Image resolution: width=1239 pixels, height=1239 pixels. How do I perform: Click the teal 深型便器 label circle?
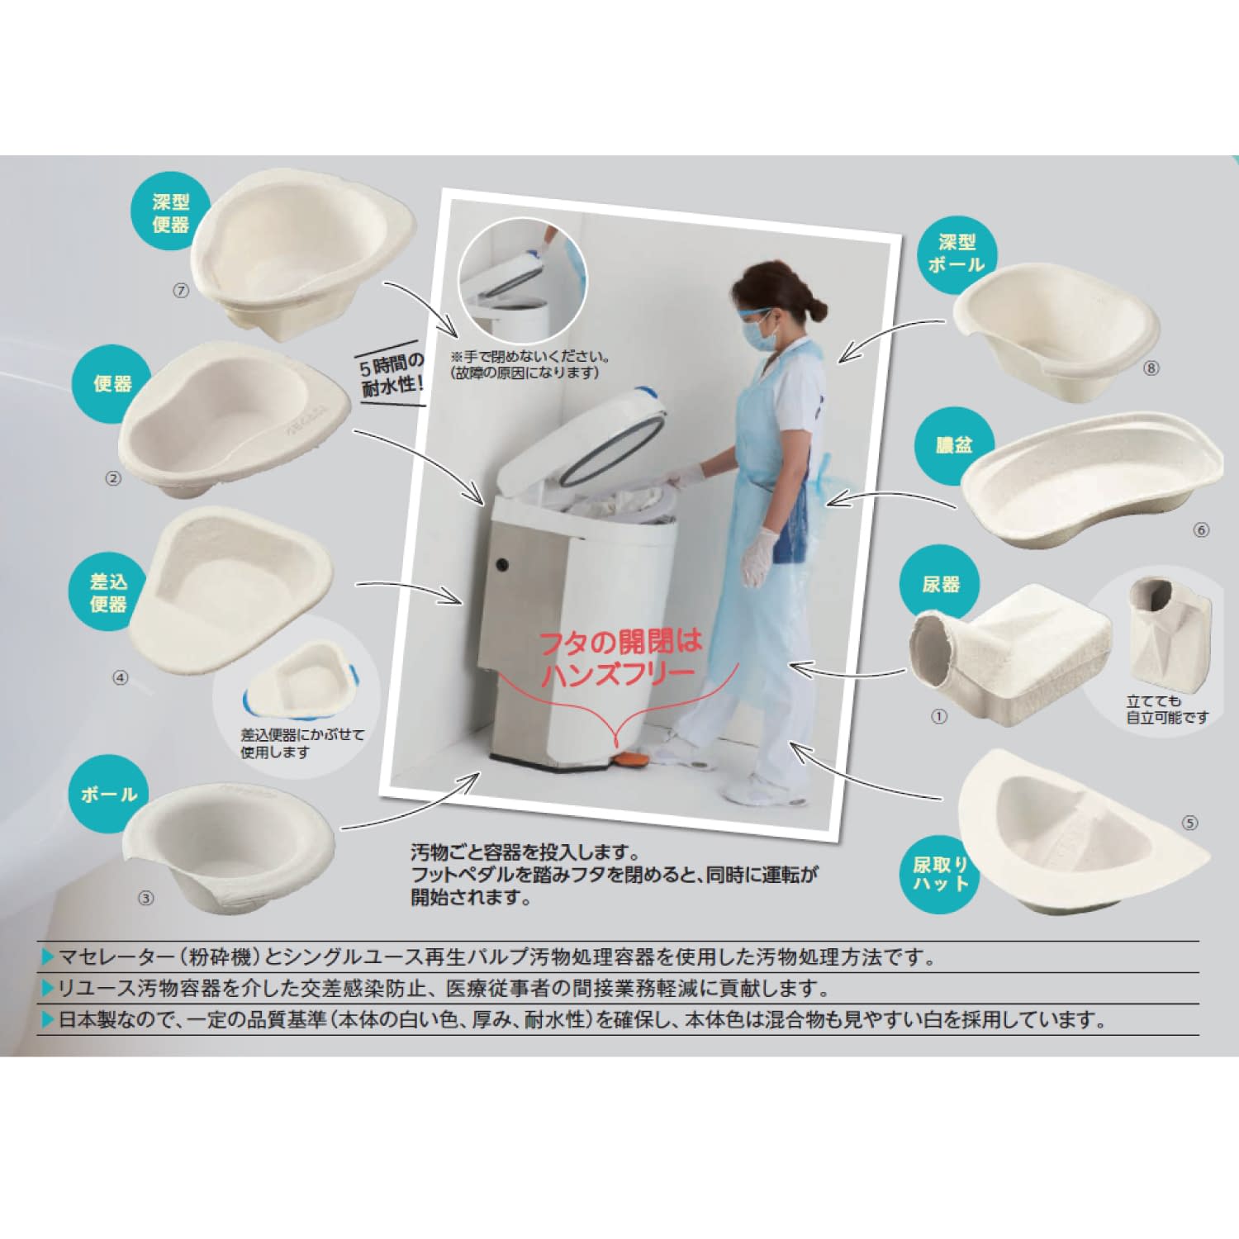coord(171,213)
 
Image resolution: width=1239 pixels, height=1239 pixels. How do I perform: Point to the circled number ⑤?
coord(1189,823)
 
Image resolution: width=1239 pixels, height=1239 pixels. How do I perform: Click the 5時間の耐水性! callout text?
coord(393,374)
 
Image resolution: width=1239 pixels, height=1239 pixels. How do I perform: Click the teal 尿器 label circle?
coord(941,585)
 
